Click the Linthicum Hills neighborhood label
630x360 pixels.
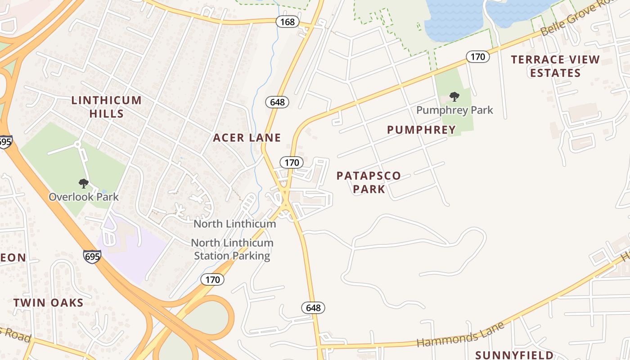coord(107,107)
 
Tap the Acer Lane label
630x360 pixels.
coord(247,138)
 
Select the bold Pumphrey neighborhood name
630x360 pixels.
coord(421,130)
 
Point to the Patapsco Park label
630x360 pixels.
coord(369,182)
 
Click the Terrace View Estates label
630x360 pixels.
coord(555,66)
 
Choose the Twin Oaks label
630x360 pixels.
coord(48,302)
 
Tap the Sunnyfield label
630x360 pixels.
coord(514,355)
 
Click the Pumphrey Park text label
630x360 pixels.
coord(454,110)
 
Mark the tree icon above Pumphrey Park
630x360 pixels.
coord(454,96)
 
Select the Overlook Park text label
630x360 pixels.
coord(84,197)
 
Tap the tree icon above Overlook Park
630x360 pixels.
coord(83,183)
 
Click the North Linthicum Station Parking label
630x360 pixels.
coord(232,249)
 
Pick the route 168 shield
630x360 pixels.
coord(288,22)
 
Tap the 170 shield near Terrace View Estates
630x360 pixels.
coord(477,57)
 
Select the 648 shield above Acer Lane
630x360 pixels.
coord(277,102)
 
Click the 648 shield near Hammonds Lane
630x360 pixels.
coord(313,308)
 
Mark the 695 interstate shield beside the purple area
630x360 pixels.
coord(92,256)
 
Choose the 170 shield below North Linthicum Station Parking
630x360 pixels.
coord(212,279)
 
